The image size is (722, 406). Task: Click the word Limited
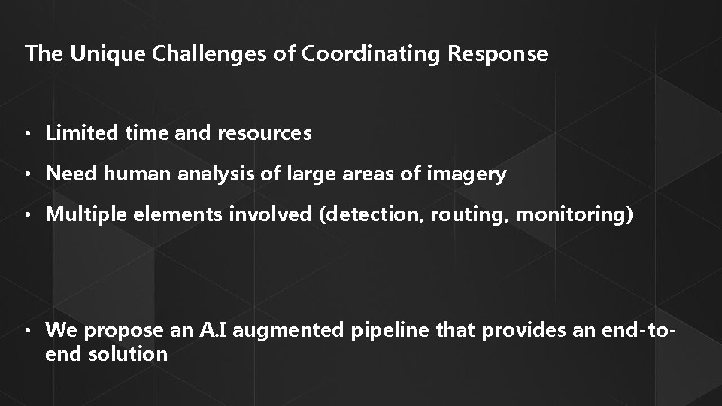[77, 134]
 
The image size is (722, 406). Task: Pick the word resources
[264, 134]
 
